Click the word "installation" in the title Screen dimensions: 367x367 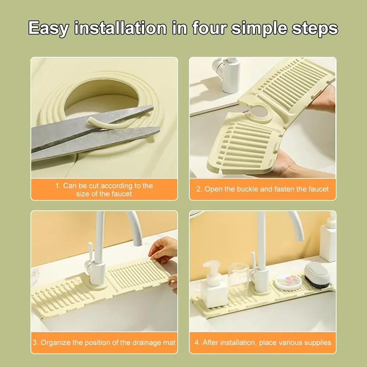(x=121, y=28)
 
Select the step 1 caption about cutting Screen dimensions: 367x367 (x=104, y=190)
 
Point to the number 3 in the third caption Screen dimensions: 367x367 (x=35, y=343)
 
